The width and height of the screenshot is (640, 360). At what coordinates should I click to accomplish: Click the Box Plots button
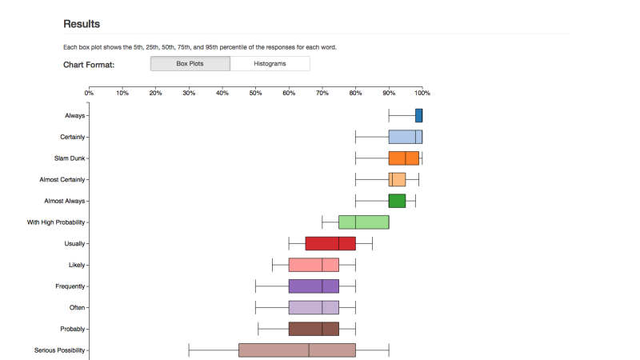190,64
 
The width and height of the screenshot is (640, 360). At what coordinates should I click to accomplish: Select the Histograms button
270,64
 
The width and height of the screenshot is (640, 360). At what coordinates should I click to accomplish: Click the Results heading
82,25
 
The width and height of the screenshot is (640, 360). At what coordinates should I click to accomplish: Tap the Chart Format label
89,65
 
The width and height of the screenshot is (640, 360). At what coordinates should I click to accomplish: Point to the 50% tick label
255,93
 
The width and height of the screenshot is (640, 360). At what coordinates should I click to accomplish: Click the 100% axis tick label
422,93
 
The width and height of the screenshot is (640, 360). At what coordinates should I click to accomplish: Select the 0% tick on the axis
89,93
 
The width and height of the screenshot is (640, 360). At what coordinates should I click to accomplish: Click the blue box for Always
418,115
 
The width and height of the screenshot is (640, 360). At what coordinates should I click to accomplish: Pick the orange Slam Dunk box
403,158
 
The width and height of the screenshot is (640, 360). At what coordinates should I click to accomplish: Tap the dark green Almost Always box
397,201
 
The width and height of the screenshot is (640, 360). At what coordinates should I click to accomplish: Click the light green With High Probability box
363,222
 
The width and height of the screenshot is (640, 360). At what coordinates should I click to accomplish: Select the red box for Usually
330,243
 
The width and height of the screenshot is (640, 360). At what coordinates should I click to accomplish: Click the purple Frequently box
313,286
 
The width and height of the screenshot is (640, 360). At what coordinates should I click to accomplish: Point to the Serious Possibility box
296,350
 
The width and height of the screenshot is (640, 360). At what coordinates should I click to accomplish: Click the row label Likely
77,265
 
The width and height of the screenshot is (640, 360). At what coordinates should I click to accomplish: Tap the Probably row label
73,329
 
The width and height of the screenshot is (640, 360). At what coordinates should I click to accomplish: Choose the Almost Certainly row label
62,179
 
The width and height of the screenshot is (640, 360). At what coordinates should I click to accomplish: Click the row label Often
78,307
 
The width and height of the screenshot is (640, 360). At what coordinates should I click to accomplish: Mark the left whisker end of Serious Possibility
189,350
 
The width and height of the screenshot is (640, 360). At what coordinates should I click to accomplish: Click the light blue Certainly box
405,137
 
